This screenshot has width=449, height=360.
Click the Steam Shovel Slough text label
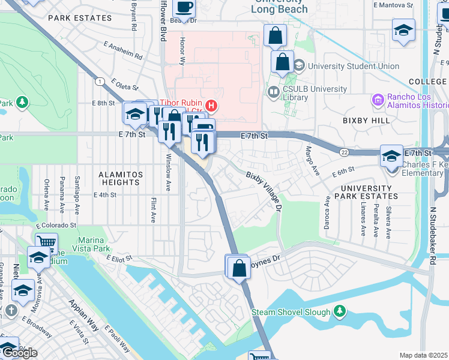click(291, 312)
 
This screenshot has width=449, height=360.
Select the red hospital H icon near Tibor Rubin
click(211, 106)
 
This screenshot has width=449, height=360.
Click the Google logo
click(19, 352)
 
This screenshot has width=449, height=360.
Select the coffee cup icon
click(184, 8)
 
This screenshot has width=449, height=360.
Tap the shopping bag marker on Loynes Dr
click(239, 268)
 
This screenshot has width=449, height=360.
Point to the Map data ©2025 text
click(423, 355)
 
